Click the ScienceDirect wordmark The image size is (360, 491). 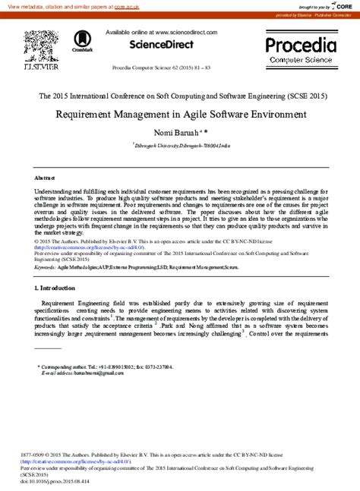tap(162, 45)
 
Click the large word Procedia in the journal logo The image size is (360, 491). tap(301, 44)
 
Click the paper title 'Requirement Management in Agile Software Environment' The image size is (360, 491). tap(180, 115)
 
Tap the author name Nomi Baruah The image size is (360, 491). tap(177, 132)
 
